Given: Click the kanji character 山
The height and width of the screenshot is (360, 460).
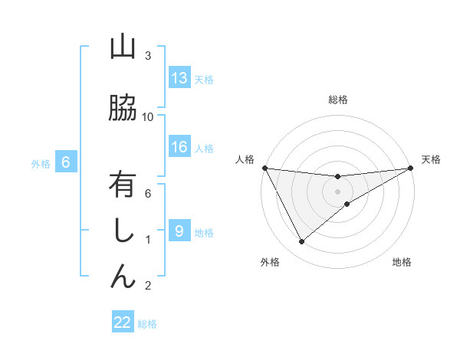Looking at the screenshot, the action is point(123,48).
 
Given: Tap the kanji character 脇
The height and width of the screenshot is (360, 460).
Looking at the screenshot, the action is point(123,109).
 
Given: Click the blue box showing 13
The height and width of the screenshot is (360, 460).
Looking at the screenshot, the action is point(179,78).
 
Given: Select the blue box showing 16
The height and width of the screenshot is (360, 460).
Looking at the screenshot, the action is point(179,148).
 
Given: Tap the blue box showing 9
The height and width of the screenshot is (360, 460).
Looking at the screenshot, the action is point(179,231).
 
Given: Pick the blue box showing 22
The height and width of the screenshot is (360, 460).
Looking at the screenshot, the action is point(123,322).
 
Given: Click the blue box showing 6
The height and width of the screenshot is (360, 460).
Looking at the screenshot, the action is point(66,162).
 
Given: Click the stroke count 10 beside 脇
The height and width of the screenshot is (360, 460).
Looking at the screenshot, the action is point(148,116).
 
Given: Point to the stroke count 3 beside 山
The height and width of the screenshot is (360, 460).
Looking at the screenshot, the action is point(148,56).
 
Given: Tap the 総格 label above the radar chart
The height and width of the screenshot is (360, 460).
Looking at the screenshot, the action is point(338,100).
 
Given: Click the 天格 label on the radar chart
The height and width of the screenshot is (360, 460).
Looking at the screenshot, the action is point(431,159).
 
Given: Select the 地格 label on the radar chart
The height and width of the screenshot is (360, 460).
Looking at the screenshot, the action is point(402,262).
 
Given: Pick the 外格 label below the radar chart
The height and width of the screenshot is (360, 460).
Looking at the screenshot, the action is point(270,262).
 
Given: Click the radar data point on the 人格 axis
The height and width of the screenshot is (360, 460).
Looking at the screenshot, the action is point(264,168).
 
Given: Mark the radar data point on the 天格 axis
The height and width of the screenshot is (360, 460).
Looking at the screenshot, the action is point(411,168).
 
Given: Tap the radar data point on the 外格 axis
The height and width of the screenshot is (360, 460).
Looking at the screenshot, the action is point(301,242).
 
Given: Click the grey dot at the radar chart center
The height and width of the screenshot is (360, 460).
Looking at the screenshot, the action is point(338,191).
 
